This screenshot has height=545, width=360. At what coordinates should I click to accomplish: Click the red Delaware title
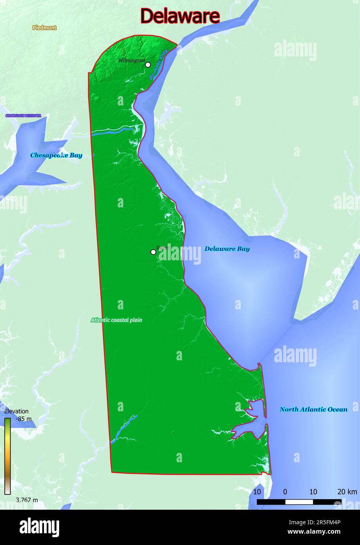tap(180, 16)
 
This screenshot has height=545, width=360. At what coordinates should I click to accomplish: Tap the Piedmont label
tap(44, 28)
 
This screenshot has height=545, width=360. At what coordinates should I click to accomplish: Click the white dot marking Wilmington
tap(148, 65)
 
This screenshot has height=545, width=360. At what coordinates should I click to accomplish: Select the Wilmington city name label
tap(131, 60)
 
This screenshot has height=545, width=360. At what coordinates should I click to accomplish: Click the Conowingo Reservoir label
tap(23, 116)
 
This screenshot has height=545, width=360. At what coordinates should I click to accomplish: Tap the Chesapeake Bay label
tap(56, 155)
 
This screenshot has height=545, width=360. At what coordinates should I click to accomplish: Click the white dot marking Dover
tap(153, 252)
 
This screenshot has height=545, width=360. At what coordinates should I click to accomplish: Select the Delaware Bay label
tap(227, 249)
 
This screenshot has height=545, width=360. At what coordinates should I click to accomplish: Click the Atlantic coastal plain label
tap(116, 320)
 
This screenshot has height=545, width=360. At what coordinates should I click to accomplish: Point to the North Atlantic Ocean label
tap(313, 409)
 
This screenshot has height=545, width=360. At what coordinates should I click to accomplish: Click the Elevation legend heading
tap(16, 411)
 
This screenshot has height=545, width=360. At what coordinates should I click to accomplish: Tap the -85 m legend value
tap(24, 419)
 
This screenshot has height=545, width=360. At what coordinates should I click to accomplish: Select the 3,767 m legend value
tap(27, 500)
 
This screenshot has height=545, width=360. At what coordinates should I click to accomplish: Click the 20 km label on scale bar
tap(347, 492)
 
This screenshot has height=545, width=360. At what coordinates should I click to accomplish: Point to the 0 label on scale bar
tap(285, 492)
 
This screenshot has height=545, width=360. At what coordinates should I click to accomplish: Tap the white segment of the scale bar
tap(299, 502)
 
